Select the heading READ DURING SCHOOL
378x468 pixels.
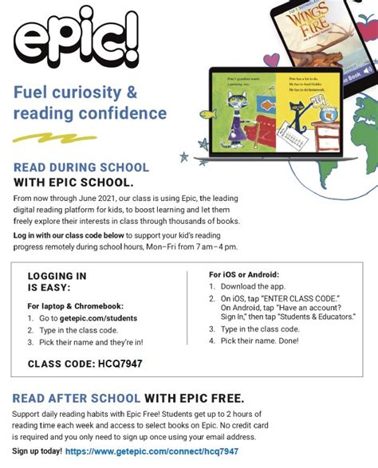point(81,167)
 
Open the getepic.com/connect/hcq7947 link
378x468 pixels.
point(152,451)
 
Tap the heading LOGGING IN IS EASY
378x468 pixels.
point(57,281)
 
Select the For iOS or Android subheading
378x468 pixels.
point(245,274)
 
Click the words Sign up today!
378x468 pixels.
point(36,451)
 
